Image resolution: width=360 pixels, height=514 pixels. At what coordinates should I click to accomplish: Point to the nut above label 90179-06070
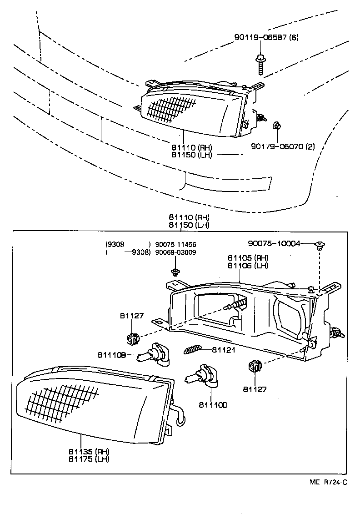click(276, 126)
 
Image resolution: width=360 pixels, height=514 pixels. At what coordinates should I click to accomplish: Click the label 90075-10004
click(274, 243)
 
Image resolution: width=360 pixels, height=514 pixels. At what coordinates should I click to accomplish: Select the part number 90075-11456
click(175, 244)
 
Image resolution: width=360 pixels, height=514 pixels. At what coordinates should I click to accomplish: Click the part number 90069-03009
click(175, 252)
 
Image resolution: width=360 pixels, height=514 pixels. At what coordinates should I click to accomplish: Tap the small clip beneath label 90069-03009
click(175, 272)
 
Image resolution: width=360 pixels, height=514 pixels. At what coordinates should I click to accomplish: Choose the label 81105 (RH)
click(248, 257)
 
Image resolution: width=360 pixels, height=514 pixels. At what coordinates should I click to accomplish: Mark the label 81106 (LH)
click(248, 265)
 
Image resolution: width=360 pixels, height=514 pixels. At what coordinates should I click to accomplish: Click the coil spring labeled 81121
click(192, 350)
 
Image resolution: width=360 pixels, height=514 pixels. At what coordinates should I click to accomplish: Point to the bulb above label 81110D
click(203, 376)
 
